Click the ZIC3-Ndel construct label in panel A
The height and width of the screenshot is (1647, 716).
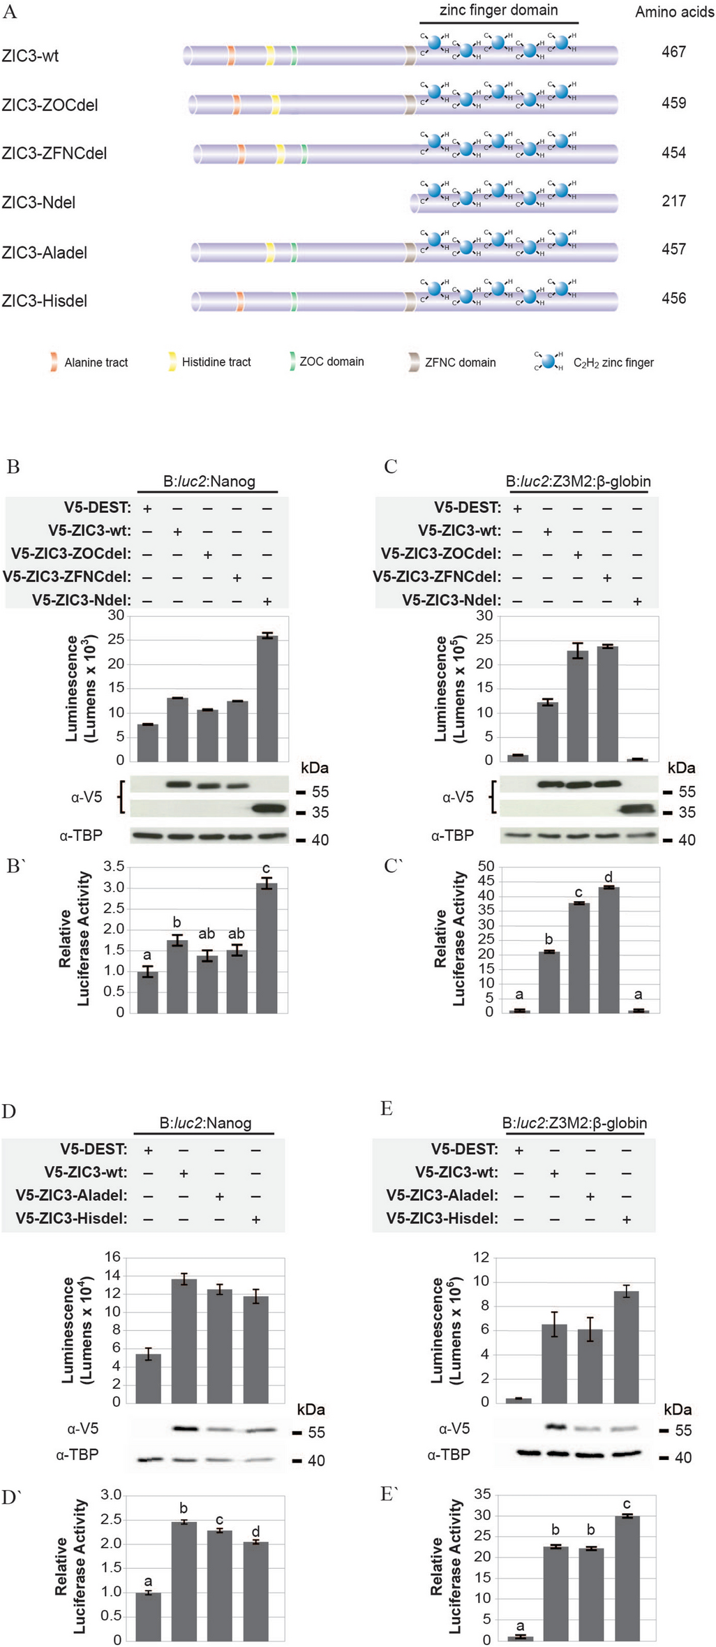(x=38, y=203)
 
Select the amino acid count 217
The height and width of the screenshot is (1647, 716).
(x=673, y=201)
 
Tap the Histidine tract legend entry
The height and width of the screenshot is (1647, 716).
(x=216, y=362)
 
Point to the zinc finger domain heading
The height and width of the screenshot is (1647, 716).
(x=498, y=10)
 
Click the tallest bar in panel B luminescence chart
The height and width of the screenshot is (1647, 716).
(x=267, y=697)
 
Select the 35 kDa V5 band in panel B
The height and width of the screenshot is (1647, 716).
(x=267, y=809)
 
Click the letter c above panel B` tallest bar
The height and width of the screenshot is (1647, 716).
(x=266, y=868)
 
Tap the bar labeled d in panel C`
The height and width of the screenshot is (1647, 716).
(x=608, y=949)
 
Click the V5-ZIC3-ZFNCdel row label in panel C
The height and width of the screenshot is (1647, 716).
(x=437, y=577)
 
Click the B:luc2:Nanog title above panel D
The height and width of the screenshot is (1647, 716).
(x=205, y=1123)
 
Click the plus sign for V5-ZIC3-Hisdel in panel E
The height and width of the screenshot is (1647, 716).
(x=626, y=1219)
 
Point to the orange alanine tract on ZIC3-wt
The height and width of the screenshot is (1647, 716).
(x=231, y=56)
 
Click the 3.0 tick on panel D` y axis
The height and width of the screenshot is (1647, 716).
(x=111, y=1495)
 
